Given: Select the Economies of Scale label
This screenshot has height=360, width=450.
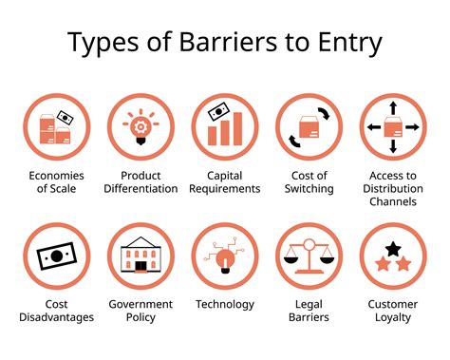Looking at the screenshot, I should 57,181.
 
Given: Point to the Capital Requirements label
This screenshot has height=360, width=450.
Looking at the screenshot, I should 225,181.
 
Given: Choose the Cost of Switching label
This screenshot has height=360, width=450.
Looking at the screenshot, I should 309,181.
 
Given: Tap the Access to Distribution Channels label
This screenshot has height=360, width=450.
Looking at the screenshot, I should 393,188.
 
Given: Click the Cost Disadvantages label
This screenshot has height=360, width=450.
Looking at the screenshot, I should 57,311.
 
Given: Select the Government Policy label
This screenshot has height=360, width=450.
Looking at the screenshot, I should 141,311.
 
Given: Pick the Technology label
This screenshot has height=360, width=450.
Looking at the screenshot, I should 225,304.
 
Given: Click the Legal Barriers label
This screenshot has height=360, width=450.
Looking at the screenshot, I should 309,311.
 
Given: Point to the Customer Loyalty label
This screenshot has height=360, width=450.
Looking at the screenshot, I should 393,311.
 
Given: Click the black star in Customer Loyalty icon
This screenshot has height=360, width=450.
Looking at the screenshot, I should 393,248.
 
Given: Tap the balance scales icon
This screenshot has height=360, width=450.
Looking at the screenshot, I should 309,257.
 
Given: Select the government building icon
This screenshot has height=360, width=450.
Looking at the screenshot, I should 141,256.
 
